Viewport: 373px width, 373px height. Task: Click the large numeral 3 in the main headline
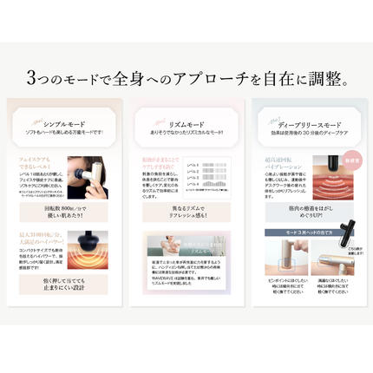coord(32,81)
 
